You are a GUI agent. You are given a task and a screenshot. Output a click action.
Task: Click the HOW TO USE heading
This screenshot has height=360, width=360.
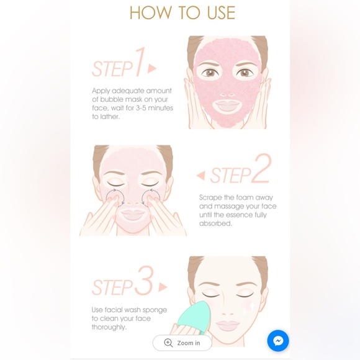(x=182, y=13)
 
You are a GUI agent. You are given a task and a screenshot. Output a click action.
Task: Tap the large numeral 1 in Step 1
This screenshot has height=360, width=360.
(x=140, y=63)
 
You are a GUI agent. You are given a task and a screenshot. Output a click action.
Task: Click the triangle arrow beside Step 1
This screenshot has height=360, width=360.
(x=153, y=68)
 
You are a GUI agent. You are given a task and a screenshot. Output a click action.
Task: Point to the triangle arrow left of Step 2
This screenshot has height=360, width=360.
(x=200, y=176)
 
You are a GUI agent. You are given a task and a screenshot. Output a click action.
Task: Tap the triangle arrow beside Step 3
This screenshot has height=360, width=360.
(x=163, y=287)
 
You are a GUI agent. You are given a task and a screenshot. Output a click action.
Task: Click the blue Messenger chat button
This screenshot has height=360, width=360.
(x=278, y=341)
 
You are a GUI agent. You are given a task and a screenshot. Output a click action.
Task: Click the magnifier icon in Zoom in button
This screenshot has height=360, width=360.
(x=168, y=343)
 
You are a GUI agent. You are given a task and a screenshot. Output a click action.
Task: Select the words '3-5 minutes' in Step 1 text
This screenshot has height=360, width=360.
(x=151, y=108)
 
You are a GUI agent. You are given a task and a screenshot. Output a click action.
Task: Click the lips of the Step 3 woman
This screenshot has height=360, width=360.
(x=227, y=324)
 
